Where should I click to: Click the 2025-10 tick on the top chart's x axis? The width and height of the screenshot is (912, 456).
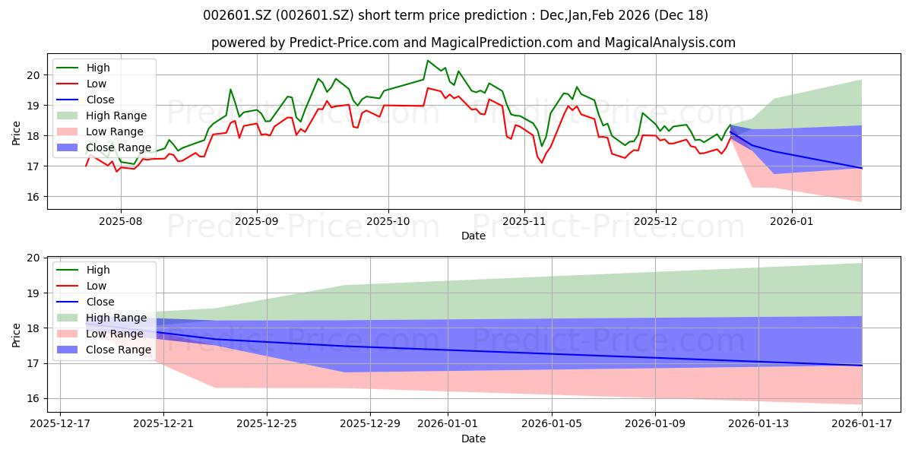point(388,220)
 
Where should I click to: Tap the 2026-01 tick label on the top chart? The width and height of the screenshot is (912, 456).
point(792,220)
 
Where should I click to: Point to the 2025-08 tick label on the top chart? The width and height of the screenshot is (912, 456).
point(120,220)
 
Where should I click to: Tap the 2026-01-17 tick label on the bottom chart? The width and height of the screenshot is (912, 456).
point(862,423)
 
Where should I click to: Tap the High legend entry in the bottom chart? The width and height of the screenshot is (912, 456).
point(98,270)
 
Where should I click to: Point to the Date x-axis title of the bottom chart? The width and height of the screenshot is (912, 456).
point(473,439)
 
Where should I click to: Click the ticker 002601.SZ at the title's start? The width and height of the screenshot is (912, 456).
point(235,15)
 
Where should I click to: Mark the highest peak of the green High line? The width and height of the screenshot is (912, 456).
point(428,61)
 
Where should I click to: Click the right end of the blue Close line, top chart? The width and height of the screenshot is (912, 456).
point(862,168)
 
